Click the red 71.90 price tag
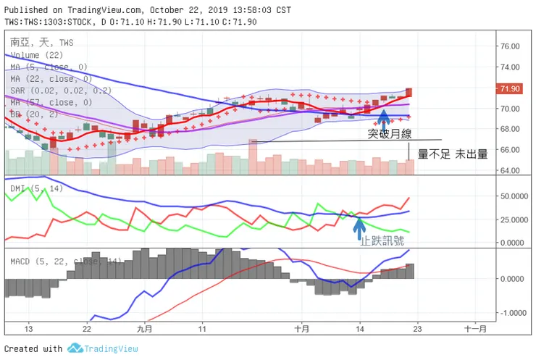point(510,88)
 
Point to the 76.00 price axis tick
point(510,46)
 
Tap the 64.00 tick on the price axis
point(510,171)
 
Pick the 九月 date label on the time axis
point(145,328)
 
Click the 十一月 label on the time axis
point(475,328)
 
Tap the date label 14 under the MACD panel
point(360,328)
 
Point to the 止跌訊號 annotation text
point(382,239)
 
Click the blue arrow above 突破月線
point(383,116)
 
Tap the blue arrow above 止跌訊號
point(359,226)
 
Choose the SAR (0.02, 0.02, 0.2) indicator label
point(62,91)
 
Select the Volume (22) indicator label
point(35,54)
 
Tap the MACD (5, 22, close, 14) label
point(65,260)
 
